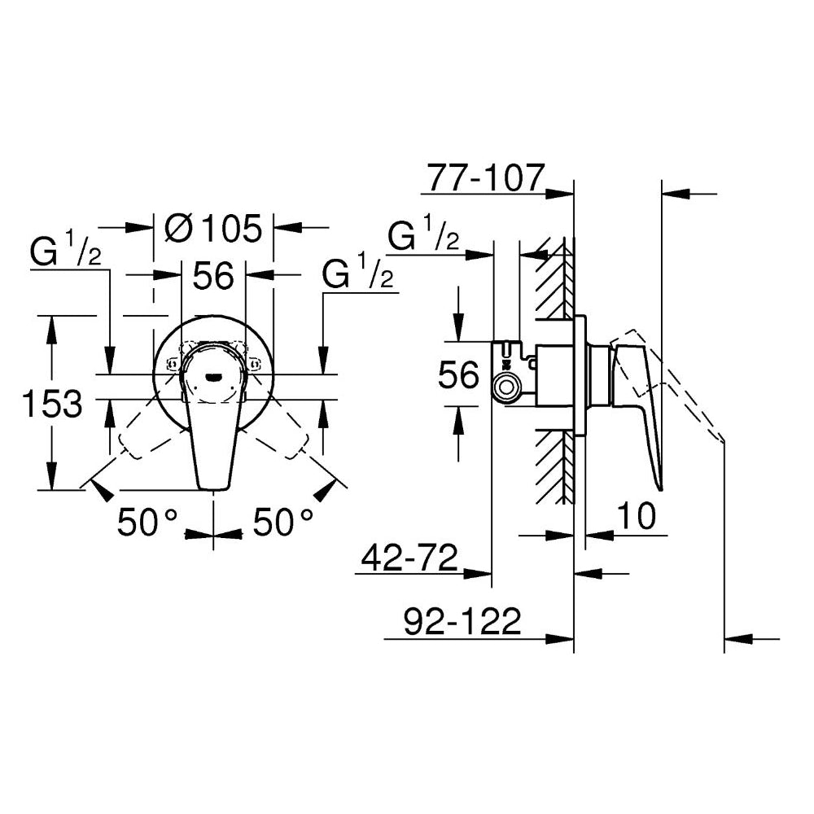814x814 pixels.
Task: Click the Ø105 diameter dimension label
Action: point(213,229)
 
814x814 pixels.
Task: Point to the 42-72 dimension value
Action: point(406,558)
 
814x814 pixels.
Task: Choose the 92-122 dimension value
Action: point(462,622)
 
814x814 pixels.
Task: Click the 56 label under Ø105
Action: point(213,277)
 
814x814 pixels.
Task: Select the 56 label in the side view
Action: point(458,376)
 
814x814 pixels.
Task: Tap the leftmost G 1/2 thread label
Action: point(66,252)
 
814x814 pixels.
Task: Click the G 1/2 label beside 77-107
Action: point(423,237)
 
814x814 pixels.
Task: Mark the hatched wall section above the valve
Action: point(555,277)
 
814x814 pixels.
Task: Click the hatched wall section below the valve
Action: point(555,464)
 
